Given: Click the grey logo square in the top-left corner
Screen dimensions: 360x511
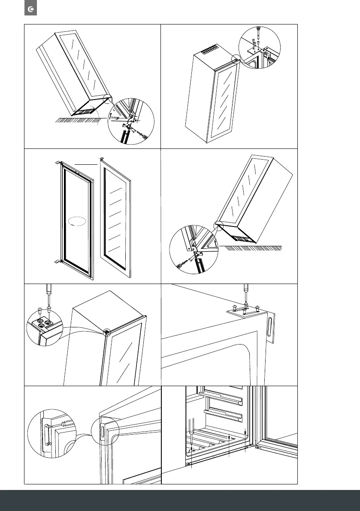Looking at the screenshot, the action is (30, 9).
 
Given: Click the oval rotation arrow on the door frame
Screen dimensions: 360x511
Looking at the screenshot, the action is (77, 221).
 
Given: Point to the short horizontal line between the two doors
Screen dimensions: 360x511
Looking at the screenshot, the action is (85, 164).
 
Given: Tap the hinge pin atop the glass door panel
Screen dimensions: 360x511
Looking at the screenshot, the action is (102, 159).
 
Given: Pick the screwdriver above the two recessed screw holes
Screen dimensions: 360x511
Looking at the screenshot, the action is (48, 296).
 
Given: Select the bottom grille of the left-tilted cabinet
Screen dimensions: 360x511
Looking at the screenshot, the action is (85, 111).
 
